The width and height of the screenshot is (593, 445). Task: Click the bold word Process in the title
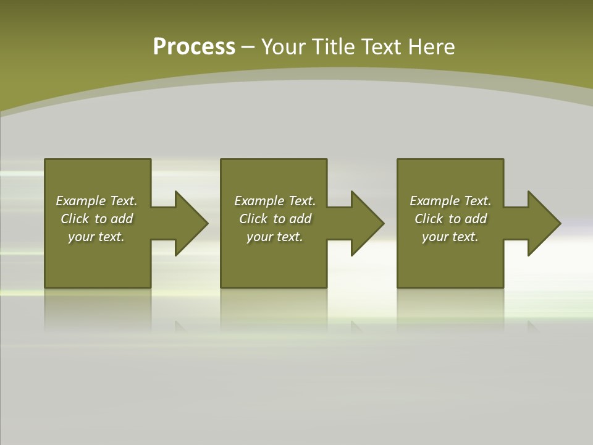194,47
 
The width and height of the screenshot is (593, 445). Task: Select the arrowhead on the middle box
366,223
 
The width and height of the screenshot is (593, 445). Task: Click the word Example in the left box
81,201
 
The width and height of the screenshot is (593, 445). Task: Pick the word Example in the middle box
259,201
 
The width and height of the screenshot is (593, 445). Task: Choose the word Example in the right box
435,201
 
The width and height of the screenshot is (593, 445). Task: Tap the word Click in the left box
75,219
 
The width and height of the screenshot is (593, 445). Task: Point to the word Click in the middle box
253,219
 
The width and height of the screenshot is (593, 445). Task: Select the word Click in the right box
429,219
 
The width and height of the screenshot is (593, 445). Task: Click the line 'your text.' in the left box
96,237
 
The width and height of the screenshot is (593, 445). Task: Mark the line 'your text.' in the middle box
274,237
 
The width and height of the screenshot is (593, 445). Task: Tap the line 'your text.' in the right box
450,237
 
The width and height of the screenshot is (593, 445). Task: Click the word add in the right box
476,219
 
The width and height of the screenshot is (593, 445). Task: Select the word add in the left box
122,219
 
